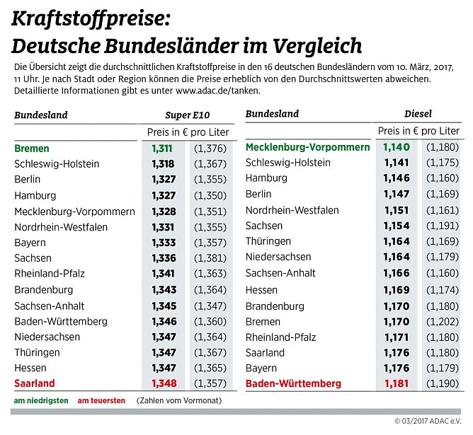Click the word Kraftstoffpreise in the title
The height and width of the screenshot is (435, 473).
point(88,19)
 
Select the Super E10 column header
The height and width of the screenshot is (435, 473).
point(187,115)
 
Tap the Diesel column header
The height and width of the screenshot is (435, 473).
point(418,114)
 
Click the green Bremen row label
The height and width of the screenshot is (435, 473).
point(32,149)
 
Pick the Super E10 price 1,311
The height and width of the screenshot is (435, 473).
point(163,149)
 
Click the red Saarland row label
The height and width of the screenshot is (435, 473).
point(35,383)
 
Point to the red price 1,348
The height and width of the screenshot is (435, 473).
point(163,383)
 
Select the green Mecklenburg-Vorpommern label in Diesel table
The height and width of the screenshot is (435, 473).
point(307,147)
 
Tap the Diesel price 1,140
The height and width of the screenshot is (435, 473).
point(397,147)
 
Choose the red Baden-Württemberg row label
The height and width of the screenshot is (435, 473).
point(293,383)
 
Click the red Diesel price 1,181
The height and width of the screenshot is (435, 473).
point(397,383)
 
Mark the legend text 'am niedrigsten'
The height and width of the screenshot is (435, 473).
point(41,400)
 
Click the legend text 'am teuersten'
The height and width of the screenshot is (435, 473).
point(101,400)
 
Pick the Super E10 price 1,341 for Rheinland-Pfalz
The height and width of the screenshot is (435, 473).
point(163,274)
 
